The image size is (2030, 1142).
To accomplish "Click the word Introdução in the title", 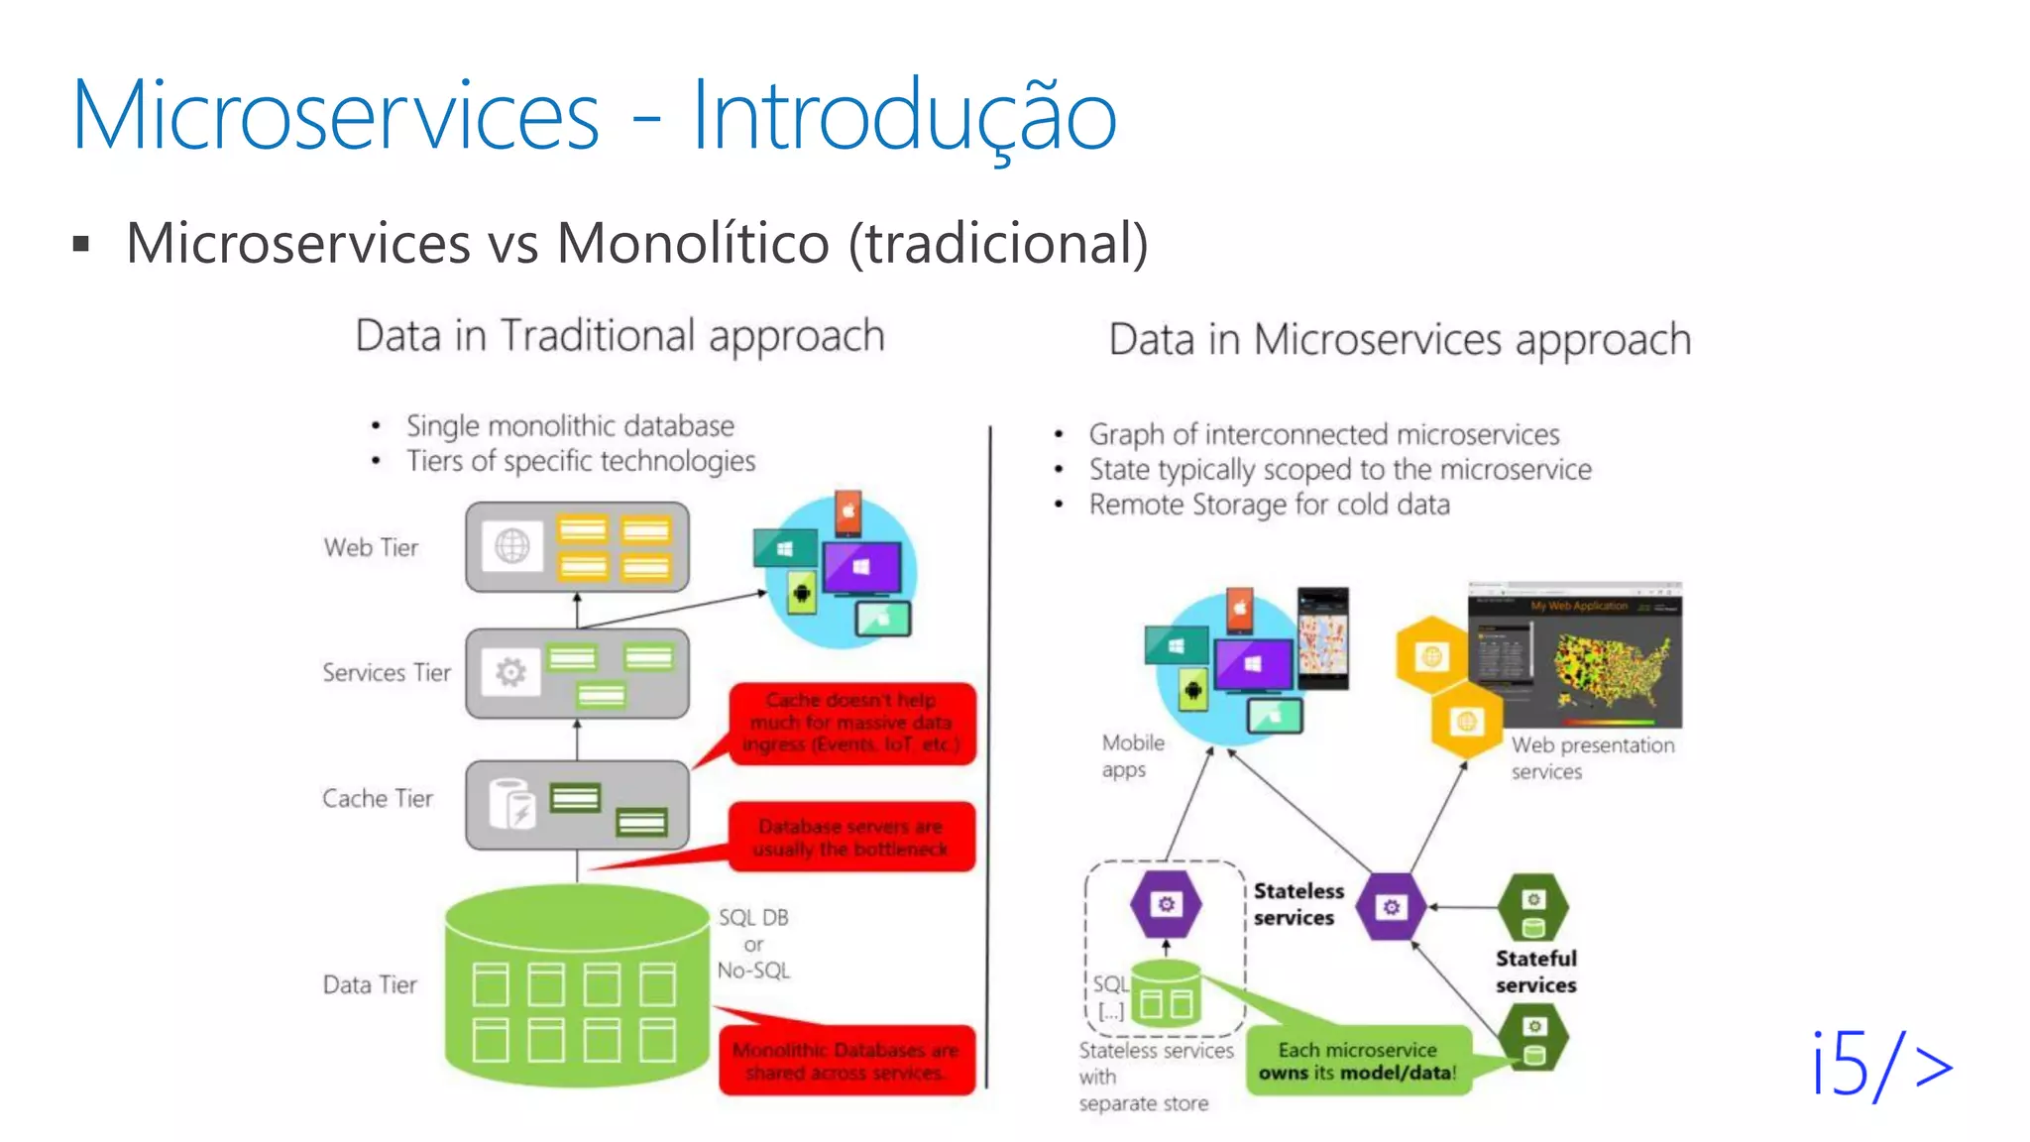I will (903, 117).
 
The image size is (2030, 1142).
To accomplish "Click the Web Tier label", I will (371, 547).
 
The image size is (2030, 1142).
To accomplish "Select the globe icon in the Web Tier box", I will (512, 546).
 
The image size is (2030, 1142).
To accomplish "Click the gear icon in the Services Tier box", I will (510, 673).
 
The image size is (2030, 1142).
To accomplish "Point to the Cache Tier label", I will (378, 798).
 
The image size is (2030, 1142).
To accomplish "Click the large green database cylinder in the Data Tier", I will (577, 986).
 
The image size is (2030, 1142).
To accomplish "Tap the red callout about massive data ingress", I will (851, 723).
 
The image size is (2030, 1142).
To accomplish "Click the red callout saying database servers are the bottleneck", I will (851, 838).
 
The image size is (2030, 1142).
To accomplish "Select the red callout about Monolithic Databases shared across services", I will (846, 1061).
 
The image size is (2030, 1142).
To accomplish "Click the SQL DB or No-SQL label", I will (753, 944).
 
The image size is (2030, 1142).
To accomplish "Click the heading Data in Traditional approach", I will (620, 336).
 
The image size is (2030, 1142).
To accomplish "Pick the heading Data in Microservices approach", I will (1399, 340).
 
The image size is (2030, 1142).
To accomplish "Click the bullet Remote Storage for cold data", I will (1269, 505).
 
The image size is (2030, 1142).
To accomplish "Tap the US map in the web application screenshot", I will (1611, 664).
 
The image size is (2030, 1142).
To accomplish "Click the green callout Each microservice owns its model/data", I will (1358, 1061).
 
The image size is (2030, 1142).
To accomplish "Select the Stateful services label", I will (1535, 971).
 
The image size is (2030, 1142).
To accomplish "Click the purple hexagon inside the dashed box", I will (1166, 904).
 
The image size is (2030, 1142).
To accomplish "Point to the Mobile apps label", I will (1132, 755).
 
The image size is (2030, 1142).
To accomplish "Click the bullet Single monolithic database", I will (570, 426).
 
